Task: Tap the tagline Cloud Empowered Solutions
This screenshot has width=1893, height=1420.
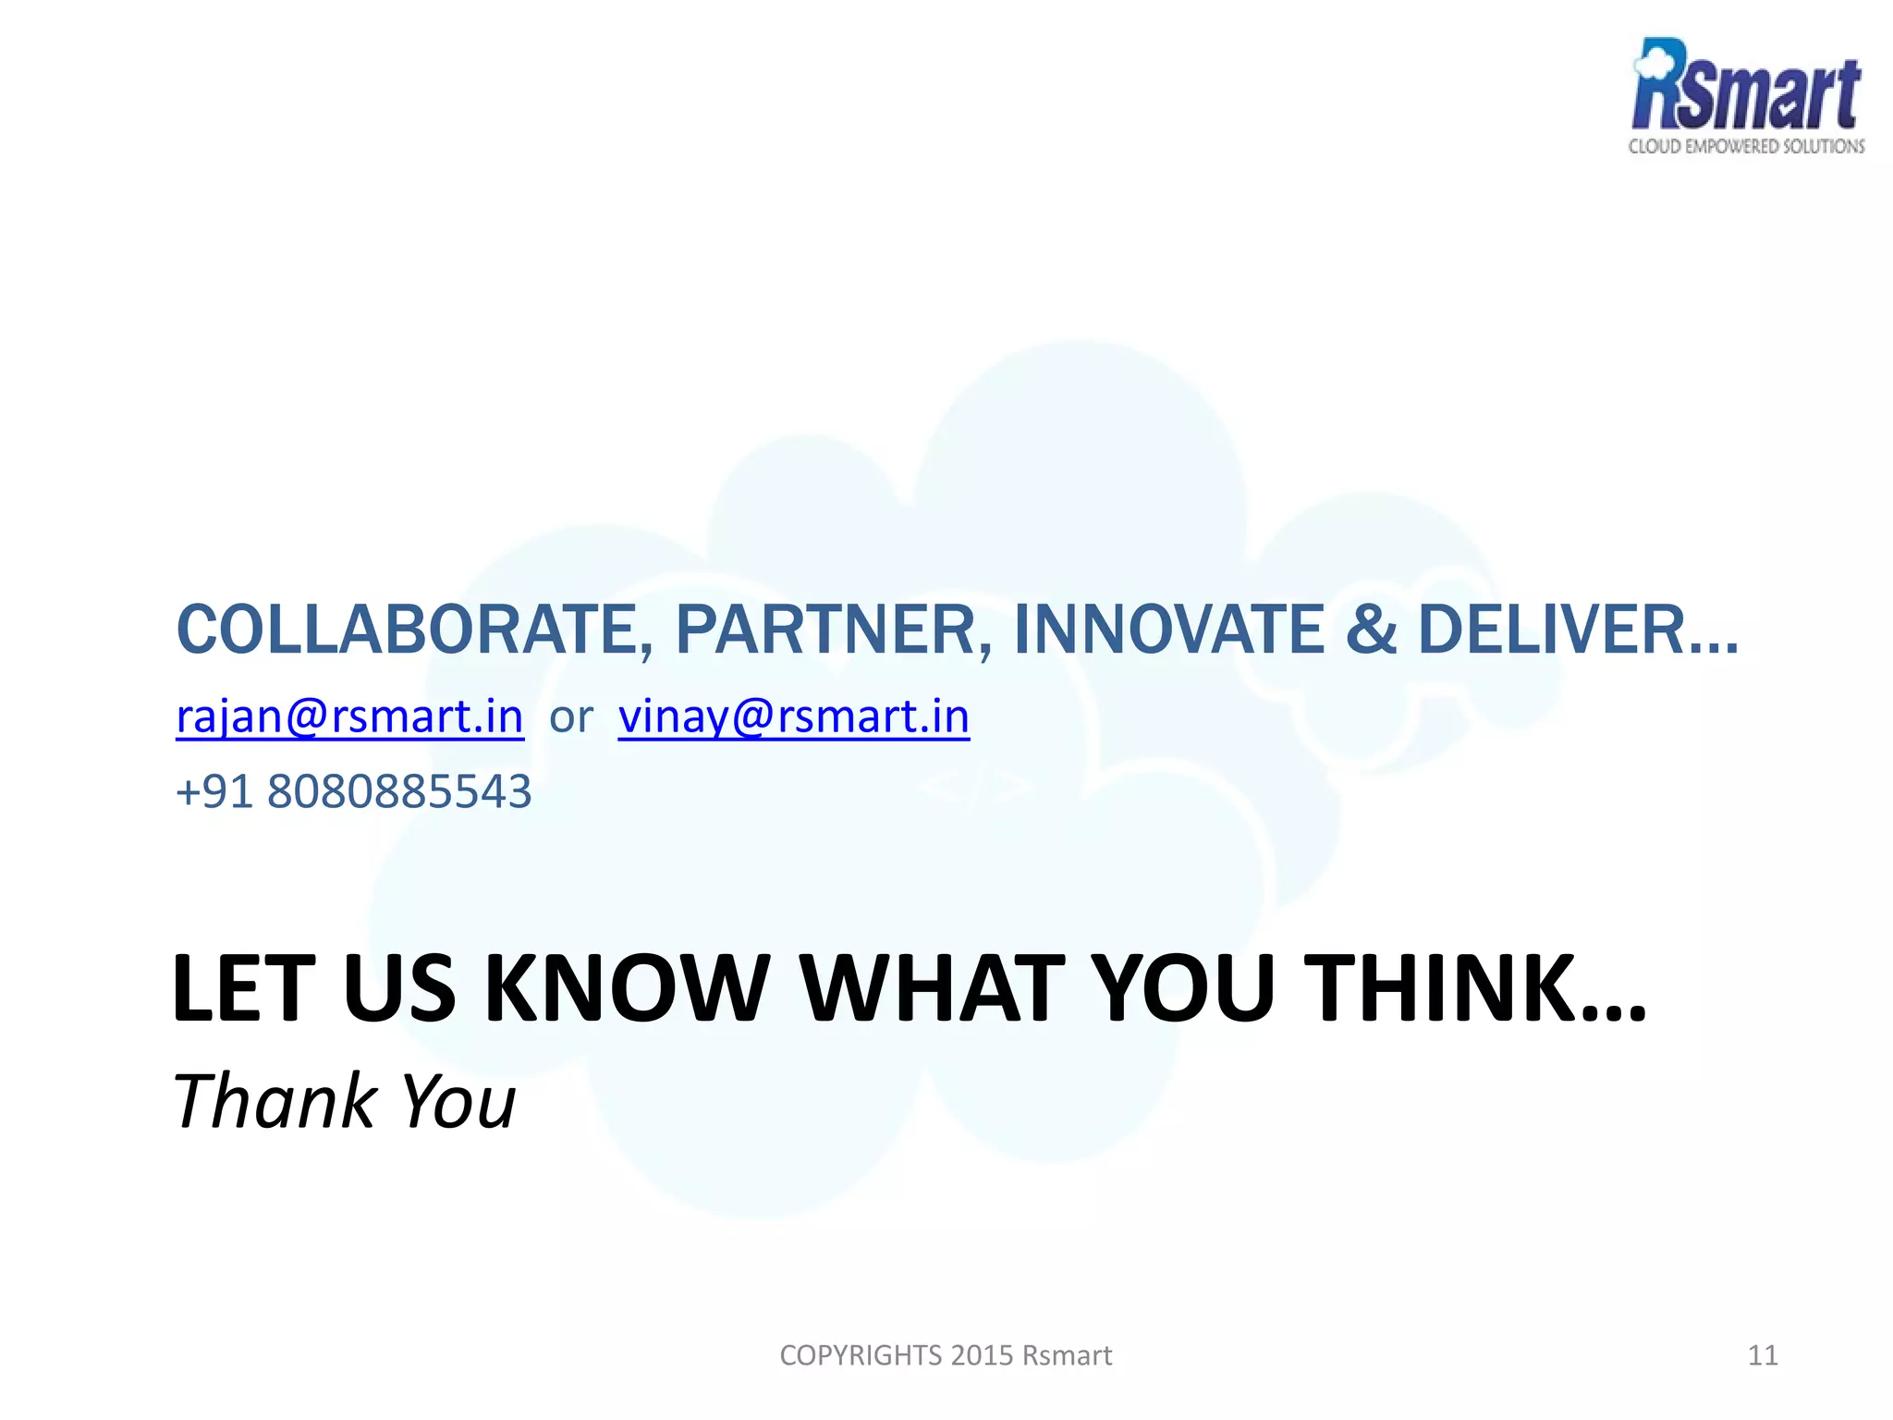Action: click(1746, 146)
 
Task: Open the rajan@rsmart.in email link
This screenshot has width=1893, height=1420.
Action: click(349, 716)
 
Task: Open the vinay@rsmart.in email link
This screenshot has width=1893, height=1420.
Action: click(793, 716)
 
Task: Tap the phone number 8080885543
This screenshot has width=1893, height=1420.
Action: click(399, 792)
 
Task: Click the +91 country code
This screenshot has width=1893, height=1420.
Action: click(213, 792)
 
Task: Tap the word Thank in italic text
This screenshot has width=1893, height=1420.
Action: click(275, 1101)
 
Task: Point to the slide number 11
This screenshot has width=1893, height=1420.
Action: click(1763, 1355)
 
